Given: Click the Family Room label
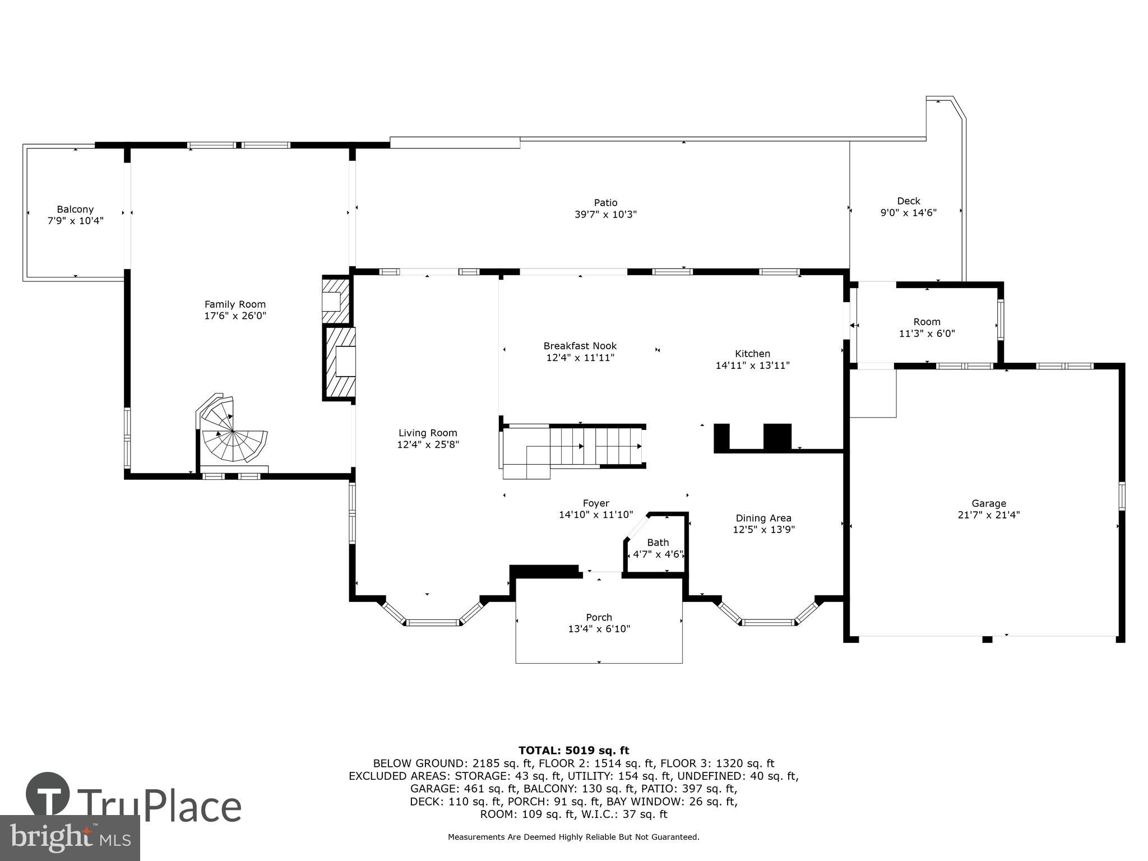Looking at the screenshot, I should (x=235, y=304).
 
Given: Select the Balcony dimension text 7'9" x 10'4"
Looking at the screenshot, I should (x=75, y=221).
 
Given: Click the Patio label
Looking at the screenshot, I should (x=605, y=203).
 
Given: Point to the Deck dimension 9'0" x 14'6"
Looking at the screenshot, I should (x=908, y=213).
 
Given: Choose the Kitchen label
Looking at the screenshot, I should (x=752, y=354).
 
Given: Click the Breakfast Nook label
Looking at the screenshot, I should (x=580, y=346).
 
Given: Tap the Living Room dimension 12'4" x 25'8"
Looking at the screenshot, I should (x=428, y=445).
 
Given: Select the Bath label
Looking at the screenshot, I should (x=658, y=543).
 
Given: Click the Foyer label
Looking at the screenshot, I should (x=595, y=503).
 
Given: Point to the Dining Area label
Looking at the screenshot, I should (x=763, y=518).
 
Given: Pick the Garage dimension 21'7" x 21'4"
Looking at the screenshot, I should (x=988, y=515).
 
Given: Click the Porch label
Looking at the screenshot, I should (x=599, y=617).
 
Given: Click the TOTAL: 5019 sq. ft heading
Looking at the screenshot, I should (x=573, y=751).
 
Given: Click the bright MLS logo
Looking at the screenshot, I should (x=70, y=838).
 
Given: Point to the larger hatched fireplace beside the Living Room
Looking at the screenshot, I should (x=339, y=363).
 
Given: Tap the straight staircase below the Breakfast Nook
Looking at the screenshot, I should (x=594, y=446).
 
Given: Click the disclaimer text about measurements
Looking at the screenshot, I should (x=573, y=837).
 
